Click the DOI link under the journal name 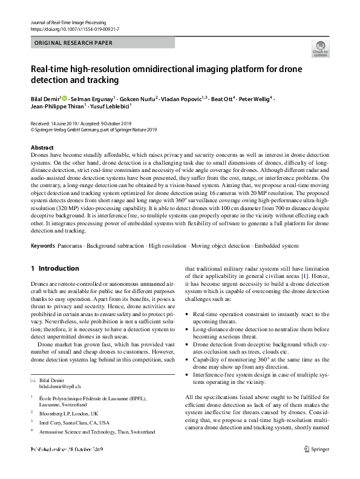pyautogui.click(x=71, y=28)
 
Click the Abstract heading pyautogui.click(x=42, y=148)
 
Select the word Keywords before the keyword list pyautogui.click(x=42, y=247)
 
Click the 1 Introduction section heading pyautogui.click(x=54, y=268)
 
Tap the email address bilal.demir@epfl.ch pyautogui.click(x=60, y=386)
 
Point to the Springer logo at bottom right pyautogui.click(x=316, y=466)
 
